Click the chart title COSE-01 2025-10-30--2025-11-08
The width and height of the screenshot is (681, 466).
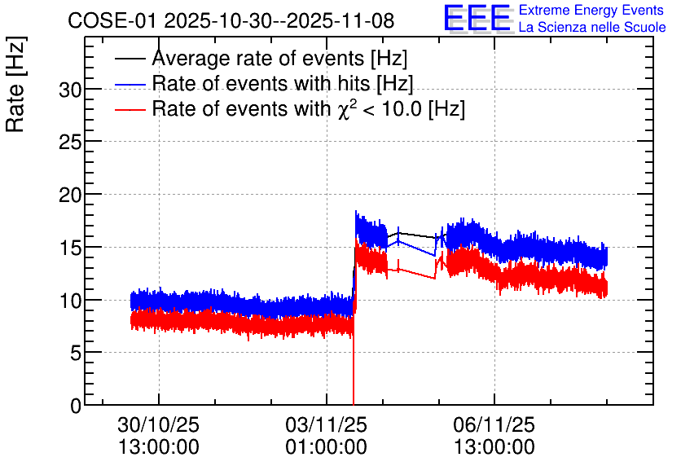coord(231,20)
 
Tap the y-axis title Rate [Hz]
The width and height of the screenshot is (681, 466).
coord(15,84)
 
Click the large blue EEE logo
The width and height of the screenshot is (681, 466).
coord(477,18)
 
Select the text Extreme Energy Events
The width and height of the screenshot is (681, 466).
coord(591,10)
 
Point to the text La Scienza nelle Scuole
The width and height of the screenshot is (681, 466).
coord(592,27)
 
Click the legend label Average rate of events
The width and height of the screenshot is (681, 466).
coord(279,58)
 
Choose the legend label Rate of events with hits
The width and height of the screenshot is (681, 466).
coord(283,83)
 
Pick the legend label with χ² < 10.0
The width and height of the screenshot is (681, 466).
coord(309,108)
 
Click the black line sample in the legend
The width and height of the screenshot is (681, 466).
coord(130,59)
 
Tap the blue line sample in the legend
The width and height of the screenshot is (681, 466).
coord(130,84)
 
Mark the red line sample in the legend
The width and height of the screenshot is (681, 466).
coord(130,109)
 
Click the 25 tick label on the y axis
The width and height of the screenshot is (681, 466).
coord(70,142)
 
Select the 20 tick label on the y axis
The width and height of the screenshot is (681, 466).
coord(70,195)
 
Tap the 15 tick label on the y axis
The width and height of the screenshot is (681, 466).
coord(70,248)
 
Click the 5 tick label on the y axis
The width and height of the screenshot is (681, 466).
coord(76,354)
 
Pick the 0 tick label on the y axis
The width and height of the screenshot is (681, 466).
coord(76,406)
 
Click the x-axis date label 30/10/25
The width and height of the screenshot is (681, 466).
coord(159,424)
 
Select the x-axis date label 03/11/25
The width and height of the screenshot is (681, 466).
coord(326,424)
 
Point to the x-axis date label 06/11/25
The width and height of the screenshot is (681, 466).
coord(494,424)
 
